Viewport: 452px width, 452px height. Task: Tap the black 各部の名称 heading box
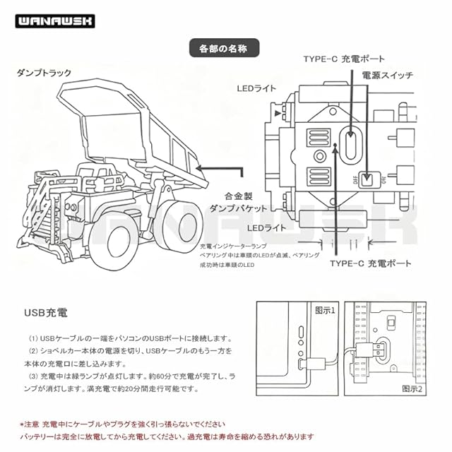tap(225, 49)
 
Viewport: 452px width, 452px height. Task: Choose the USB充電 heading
tap(47, 311)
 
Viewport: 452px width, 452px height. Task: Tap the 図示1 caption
tap(325, 309)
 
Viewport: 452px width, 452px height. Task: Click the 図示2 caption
tap(412, 388)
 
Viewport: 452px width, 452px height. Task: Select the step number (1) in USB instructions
tap(35, 338)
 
